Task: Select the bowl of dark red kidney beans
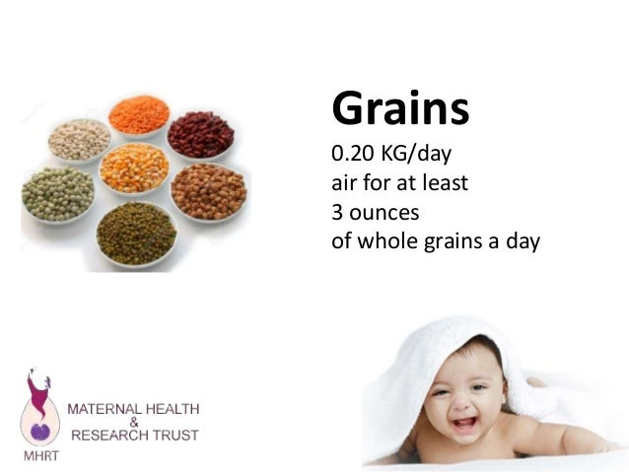(200, 135)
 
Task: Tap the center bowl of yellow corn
(135, 168)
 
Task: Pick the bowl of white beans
(79, 139)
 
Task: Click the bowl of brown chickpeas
(208, 189)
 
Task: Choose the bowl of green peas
(58, 192)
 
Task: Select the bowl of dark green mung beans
(136, 231)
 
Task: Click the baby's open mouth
(463, 424)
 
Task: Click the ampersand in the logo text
(131, 422)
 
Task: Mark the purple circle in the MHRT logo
(40, 430)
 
